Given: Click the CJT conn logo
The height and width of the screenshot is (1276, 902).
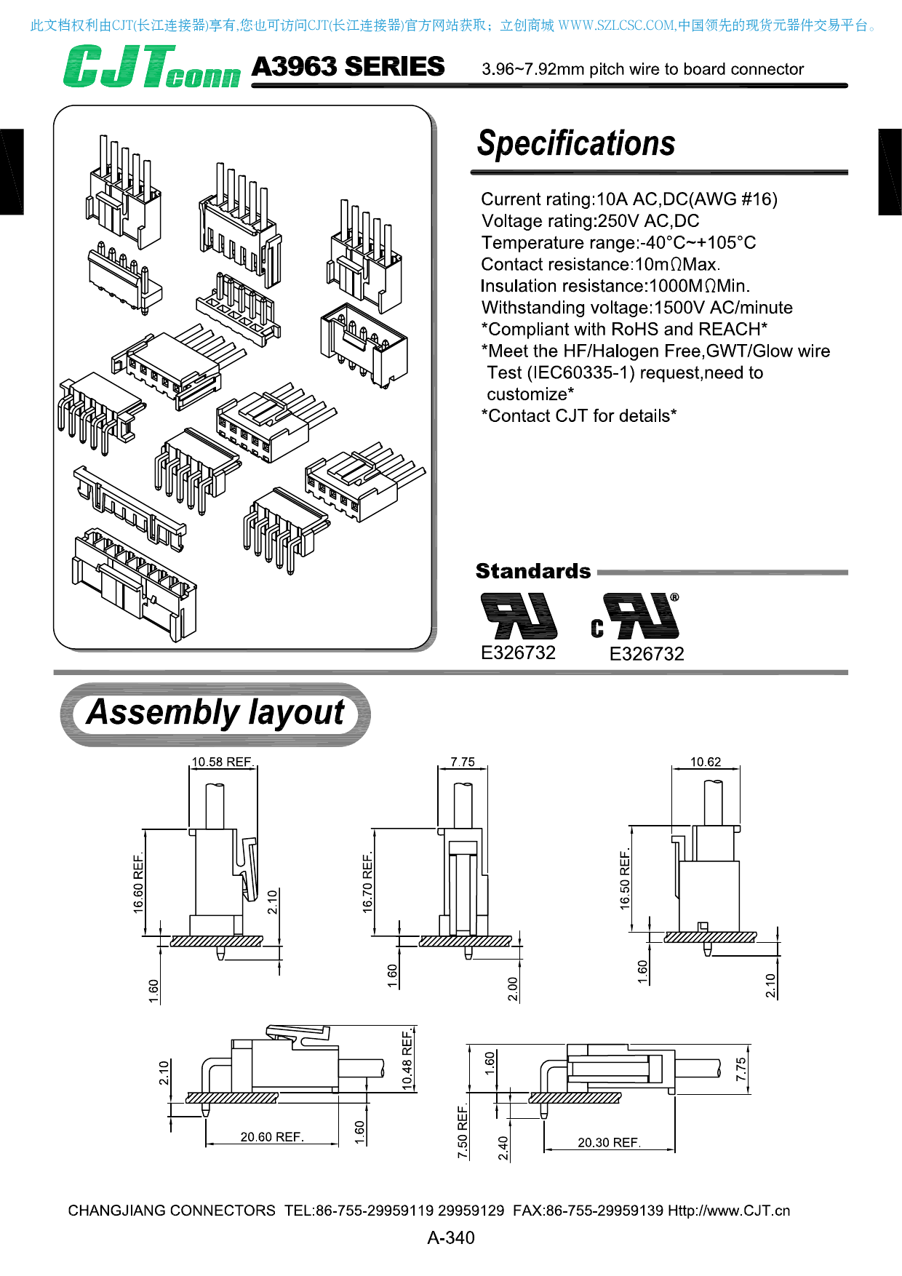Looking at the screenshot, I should click(x=151, y=68).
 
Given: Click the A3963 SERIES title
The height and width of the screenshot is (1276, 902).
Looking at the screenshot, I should click(x=348, y=67).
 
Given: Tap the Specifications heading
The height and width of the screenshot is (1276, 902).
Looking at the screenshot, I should click(x=576, y=143).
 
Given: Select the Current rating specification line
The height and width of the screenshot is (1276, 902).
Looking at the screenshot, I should click(x=629, y=199).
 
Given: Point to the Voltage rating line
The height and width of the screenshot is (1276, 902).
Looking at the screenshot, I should click(x=590, y=221).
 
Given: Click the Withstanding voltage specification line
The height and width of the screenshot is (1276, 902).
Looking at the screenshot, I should click(x=636, y=308).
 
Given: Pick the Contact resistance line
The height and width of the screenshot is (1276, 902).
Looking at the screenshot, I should click(x=600, y=264).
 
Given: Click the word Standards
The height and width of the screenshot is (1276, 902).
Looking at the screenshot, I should click(x=533, y=571).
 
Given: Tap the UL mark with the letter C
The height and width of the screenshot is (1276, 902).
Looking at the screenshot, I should click(x=635, y=618).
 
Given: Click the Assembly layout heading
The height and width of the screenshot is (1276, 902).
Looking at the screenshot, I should click(x=215, y=713).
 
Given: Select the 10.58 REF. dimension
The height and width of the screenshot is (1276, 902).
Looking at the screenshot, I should click(x=222, y=762).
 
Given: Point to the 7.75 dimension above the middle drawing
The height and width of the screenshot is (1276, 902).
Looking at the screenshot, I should click(x=463, y=762).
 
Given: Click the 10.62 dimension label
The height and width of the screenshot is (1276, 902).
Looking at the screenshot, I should click(x=706, y=762).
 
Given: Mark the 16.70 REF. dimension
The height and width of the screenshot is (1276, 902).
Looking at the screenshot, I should click(x=368, y=882).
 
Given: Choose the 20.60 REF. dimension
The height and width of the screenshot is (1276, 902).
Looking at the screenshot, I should click(x=272, y=1137).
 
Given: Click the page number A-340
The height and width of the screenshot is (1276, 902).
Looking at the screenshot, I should click(x=451, y=1237).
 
